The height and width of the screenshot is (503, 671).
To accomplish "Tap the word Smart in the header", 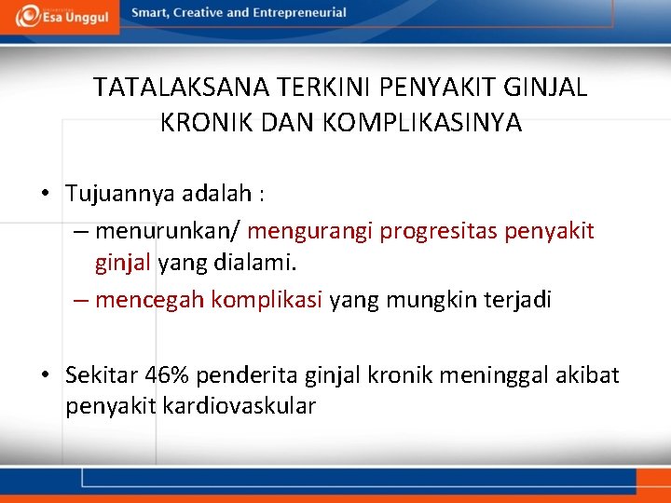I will coord(150,13).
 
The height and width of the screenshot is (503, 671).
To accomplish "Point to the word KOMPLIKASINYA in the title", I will coord(423,123).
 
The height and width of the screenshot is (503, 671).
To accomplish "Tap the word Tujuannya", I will coord(114,194).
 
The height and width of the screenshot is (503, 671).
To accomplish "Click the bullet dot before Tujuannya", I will coord(45,194).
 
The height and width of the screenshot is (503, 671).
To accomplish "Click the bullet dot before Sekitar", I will coord(45,375).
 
